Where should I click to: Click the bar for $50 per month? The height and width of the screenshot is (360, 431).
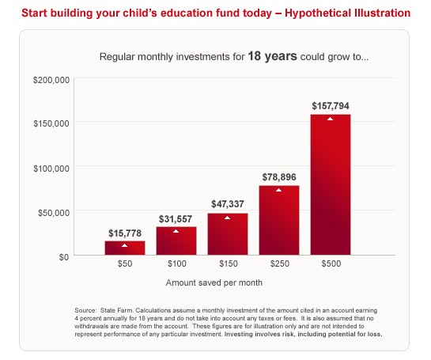tap(125, 248)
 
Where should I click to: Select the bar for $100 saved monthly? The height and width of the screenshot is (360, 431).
tap(176, 241)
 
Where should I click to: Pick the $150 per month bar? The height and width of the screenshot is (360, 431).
tap(228, 234)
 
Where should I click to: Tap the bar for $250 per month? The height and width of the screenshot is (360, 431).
tap(279, 220)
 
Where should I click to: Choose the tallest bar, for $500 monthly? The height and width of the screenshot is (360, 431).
tap(331, 184)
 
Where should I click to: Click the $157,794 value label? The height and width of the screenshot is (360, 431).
tap(331, 106)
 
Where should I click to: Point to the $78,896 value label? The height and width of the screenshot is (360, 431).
tap(279, 177)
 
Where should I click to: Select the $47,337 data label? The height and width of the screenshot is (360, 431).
tap(228, 204)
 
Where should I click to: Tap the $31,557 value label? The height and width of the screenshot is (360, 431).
tap(176, 219)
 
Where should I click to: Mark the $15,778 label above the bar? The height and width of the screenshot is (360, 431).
tap(125, 233)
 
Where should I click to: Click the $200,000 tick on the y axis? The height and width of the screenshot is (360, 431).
tap(51, 80)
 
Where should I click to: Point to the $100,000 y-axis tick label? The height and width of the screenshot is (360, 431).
tap(51, 169)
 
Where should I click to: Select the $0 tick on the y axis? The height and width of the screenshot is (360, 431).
tap(64, 257)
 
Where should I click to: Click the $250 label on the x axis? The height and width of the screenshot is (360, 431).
tap(279, 263)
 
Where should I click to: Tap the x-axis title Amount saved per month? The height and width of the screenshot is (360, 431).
tap(214, 282)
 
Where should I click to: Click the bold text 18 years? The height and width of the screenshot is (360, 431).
tap(272, 56)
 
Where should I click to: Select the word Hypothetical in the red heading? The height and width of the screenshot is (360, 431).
tap(318, 13)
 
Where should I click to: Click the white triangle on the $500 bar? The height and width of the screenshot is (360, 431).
tap(330, 119)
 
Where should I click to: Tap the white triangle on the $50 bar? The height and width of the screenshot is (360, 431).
tap(124, 245)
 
